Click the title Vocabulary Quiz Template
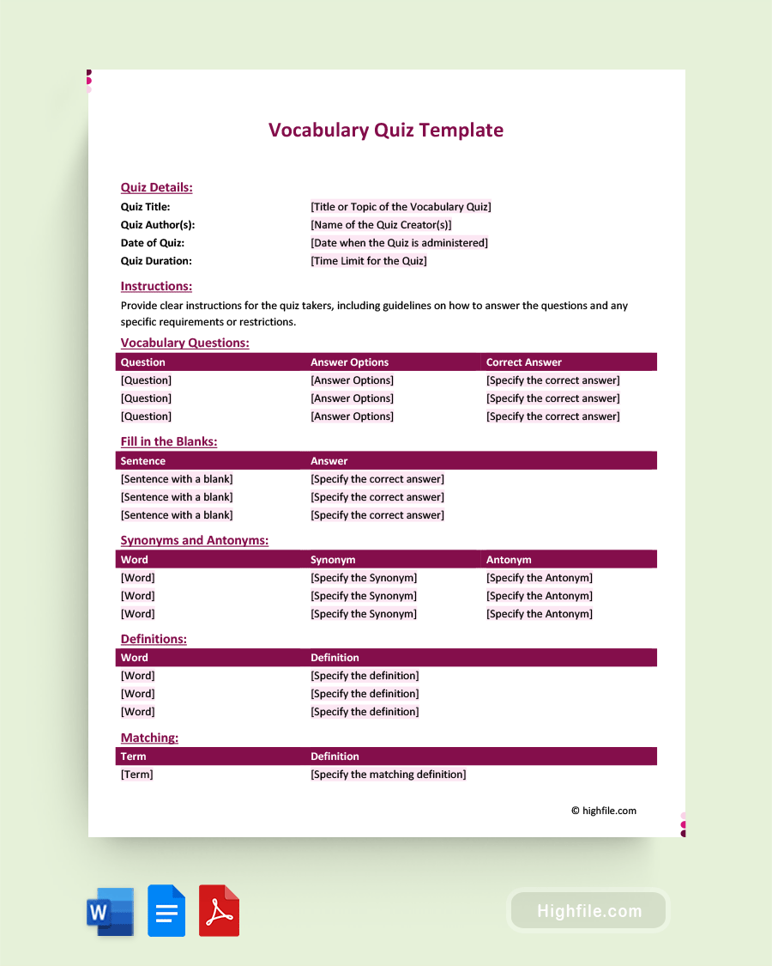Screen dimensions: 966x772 [x=386, y=131]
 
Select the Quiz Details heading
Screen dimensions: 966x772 [x=156, y=187]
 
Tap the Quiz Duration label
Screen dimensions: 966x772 [x=156, y=261]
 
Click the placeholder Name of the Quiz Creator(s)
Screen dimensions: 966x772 [x=381, y=225]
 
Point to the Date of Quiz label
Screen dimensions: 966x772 [x=152, y=243]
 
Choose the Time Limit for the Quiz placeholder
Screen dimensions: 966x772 [x=369, y=261]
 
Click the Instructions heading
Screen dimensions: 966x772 [x=156, y=286]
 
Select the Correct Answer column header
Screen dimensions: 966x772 [x=524, y=362]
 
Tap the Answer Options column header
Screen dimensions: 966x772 [x=349, y=362]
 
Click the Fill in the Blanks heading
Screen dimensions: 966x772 [x=169, y=441]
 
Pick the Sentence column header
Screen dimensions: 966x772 [x=143, y=461]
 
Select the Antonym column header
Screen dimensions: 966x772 [x=509, y=560]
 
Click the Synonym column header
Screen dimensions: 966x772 [x=333, y=560]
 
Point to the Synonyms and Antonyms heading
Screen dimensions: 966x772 [x=195, y=540]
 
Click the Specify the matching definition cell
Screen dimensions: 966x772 [x=389, y=775]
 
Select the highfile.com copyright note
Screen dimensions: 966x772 [x=604, y=811]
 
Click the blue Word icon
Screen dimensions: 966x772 [x=110, y=911]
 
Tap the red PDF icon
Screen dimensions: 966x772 [x=219, y=911]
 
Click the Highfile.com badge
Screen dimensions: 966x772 [x=589, y=911]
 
